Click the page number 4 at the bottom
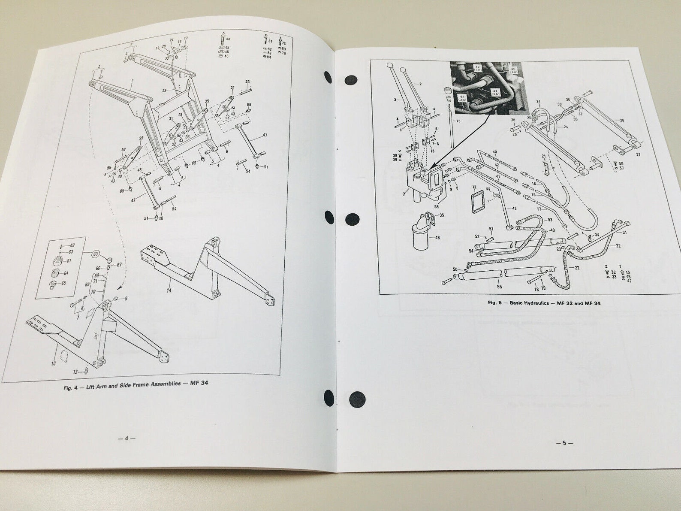tap(127, 438)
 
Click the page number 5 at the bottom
tap(564, 443)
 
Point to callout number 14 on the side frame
tap(169, 290)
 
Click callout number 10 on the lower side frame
tap(53, 363)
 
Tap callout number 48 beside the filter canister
tap(437, 237)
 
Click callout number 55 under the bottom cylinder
tap(499, 286)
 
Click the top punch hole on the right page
tap(351, 80)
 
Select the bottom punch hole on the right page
tap(357, 399)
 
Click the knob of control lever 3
tap(390, 65)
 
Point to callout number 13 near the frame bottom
tap(75, 372)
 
